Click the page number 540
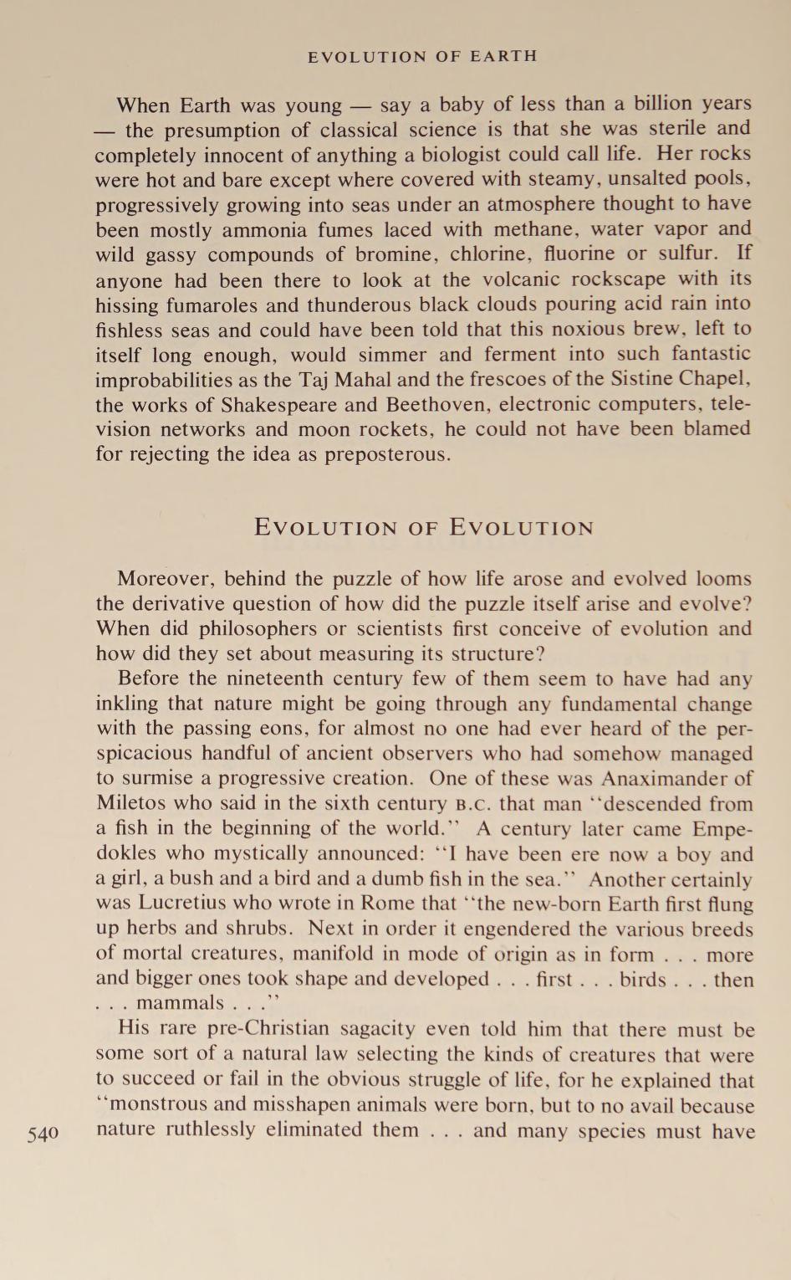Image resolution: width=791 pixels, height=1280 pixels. pyautogui.click(x=43, y=1134)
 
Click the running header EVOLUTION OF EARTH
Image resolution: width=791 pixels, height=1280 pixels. pyautogui.click(x=422, y=57)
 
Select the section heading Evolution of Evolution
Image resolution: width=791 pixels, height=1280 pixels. pyautogui.click(x=424, y=528)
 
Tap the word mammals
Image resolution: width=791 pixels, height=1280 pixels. pyautogui.click(x=180, y=1003)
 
